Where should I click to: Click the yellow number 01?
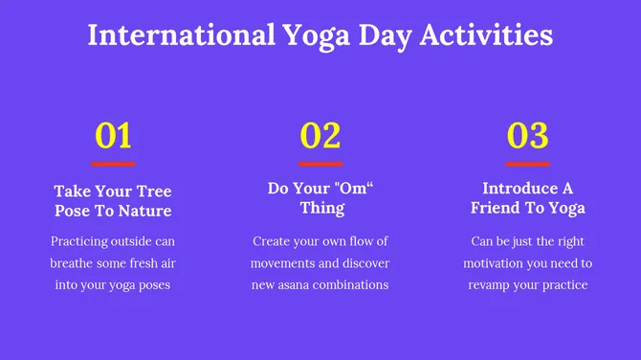click(113, 136)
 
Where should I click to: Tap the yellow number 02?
click(320, 136)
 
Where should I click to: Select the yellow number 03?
click(527, 136)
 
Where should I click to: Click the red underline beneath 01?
click(113, 164)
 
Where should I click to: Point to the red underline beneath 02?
click(320, 164)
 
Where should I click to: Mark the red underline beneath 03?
click(527, 164)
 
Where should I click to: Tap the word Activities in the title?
click(482, 35)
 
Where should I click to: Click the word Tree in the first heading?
click(153, 191)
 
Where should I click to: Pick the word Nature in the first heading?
click(144, 211)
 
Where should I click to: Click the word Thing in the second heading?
click(320, 208)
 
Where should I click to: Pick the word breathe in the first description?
click(76, 263)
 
